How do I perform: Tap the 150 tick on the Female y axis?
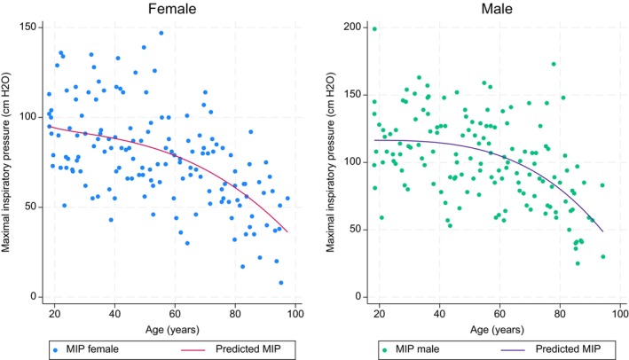[x=31, y=27]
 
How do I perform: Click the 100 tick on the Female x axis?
[x=295, y=314]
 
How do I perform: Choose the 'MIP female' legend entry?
[x=84, y=349]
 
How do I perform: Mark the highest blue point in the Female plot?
[x=161, y=33]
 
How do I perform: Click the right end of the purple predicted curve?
[x=602, y=231]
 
